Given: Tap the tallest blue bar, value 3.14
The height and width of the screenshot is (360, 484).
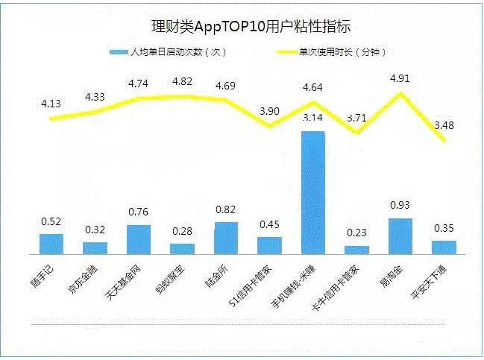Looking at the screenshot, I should tap(313, 194).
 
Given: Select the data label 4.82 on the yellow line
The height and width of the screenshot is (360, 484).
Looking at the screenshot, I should tap(183, 80).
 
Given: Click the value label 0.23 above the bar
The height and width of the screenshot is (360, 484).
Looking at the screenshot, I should tap(357, 233).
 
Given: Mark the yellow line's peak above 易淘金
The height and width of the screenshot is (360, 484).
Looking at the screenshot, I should tap(401, 93).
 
